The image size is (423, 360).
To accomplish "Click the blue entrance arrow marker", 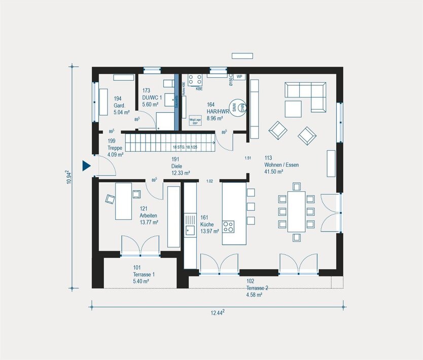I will [x=86, y=166].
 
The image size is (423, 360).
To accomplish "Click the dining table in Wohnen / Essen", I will [x=296, y=211].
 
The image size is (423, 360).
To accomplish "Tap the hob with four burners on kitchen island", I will [x=228, y=226].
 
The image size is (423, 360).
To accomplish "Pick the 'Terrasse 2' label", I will [x=257, y=287].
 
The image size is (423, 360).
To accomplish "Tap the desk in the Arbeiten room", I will [x=123, y=201].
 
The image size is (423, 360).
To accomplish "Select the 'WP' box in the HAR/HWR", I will [x=239, y=77].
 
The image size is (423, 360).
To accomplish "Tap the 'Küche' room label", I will [x=207, y=224].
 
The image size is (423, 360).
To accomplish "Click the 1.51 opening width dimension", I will [x=248, y=158].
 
